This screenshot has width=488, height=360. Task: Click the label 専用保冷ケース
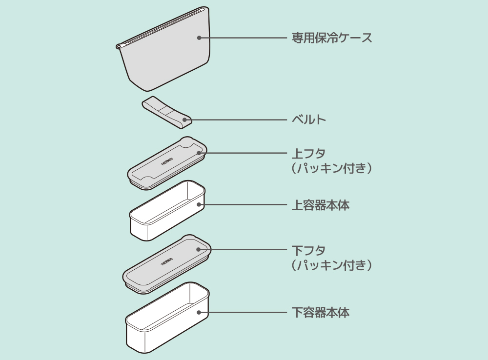point(332,38)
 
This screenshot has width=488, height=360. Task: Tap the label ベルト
point(308,119)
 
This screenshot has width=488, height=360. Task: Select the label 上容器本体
point(320,205)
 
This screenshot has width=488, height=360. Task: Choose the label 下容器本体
point(320,312)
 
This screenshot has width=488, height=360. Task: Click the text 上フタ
point(308,154)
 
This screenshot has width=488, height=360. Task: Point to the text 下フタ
point(308,251)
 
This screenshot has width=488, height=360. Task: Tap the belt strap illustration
point(166,112)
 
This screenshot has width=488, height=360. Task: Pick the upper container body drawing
point(166,212)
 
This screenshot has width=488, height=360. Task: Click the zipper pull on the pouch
point(119,46)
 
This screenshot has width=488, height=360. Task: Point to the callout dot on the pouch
point(199,38)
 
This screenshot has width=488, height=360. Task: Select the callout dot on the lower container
point(199,312)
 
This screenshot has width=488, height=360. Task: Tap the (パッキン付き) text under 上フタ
point(332,168)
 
